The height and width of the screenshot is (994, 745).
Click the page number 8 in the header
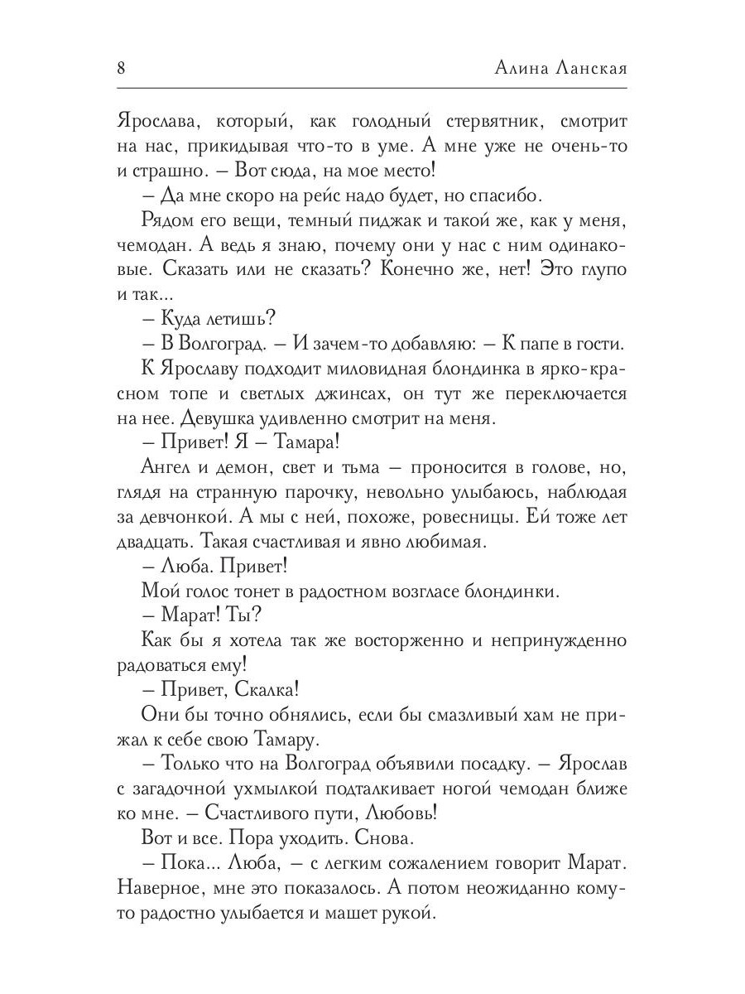pos(122,68)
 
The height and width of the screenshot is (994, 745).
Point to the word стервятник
pos(464,123)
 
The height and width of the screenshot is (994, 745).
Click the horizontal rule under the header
pos(372,88)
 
